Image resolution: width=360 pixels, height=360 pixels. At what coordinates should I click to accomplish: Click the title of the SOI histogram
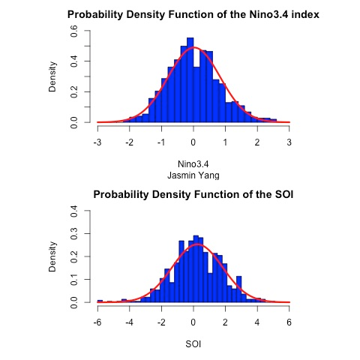[193, 195]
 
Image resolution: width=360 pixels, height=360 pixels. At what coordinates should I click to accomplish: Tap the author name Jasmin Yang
[193, 174]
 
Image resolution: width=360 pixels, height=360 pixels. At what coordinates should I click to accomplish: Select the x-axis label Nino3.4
[193, 163]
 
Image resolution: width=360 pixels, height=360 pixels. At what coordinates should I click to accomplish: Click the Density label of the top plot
[53, 77]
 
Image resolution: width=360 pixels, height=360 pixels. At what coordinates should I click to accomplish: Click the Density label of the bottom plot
[53, 257]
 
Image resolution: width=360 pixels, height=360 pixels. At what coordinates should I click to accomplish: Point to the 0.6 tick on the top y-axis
[74, 31]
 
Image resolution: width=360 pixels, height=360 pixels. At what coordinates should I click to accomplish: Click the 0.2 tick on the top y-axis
[74, 91]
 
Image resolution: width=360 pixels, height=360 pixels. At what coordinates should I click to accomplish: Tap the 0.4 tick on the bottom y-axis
[74, 211]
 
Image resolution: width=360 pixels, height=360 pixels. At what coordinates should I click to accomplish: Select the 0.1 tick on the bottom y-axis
[74, 279]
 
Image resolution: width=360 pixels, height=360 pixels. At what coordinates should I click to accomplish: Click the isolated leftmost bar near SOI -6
[100, 301]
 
